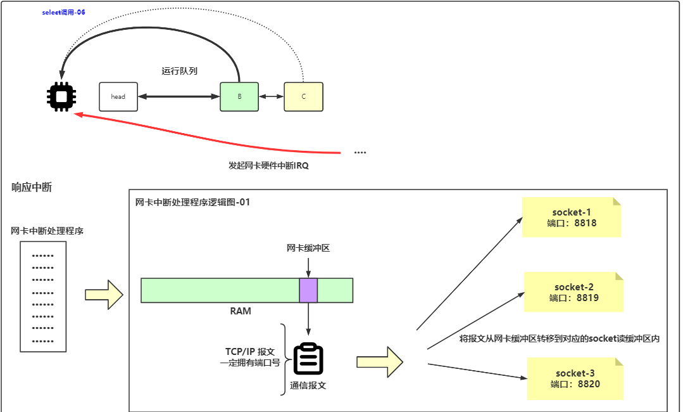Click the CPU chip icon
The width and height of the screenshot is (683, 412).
pos(62,96)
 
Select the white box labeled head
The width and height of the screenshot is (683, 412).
pos(118,97)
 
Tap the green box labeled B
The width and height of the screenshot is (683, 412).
pos(239,97)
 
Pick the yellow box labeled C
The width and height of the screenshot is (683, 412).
pos(303,97)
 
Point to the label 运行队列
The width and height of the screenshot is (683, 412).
pos(179,71)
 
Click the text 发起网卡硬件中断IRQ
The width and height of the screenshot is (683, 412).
pos(268,165)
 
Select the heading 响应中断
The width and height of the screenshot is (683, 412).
pos(32,187)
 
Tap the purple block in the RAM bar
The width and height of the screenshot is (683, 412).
pos(308,290)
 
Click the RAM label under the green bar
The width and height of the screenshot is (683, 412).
pos(241,311)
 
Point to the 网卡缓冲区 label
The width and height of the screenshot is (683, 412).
pos(308,248)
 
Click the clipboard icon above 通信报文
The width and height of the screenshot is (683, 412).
pos(308,359)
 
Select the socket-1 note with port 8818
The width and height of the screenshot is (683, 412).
pos(572,217)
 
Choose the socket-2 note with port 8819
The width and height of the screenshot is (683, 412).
pos(573,292)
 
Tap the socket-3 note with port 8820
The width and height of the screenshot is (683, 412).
pos(575,378)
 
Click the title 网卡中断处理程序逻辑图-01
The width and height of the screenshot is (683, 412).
pos(193,202)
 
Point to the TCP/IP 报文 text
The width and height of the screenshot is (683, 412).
pos(250,351)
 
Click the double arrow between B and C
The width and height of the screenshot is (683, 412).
pos(271,97)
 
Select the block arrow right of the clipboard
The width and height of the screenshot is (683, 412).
pos(380,362)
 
